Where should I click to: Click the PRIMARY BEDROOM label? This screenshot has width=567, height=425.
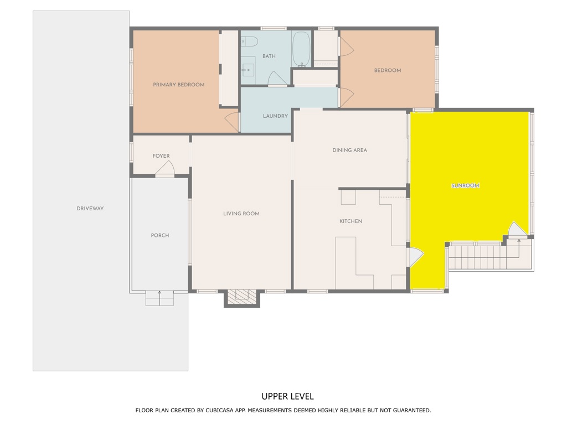click(178, 85)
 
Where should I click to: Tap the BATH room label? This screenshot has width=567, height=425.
click(269, 56)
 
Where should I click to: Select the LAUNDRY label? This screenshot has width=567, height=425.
click(275, 116)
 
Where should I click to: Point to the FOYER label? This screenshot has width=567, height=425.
click(161, 156)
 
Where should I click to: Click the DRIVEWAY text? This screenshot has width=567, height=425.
click(90, 209)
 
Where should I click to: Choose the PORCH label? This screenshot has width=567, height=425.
click(160, 236)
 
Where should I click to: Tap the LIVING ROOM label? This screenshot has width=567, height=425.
click(241, 214)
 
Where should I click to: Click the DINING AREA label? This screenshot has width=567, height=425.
click(349, 150)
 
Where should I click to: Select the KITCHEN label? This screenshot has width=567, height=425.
click(350, 221)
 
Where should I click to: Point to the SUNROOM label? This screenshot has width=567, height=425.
click(465, 186)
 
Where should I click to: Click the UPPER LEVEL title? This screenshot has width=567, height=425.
click(287, 396)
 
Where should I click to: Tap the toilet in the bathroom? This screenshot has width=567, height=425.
click(250, 42)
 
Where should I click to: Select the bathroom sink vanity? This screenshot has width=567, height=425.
click(248, 70)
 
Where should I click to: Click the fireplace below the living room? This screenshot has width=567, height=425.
click(242, 297)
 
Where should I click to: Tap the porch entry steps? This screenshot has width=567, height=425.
click(159, 299)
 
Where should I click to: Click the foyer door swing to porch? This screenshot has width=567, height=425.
click(166, 169)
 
